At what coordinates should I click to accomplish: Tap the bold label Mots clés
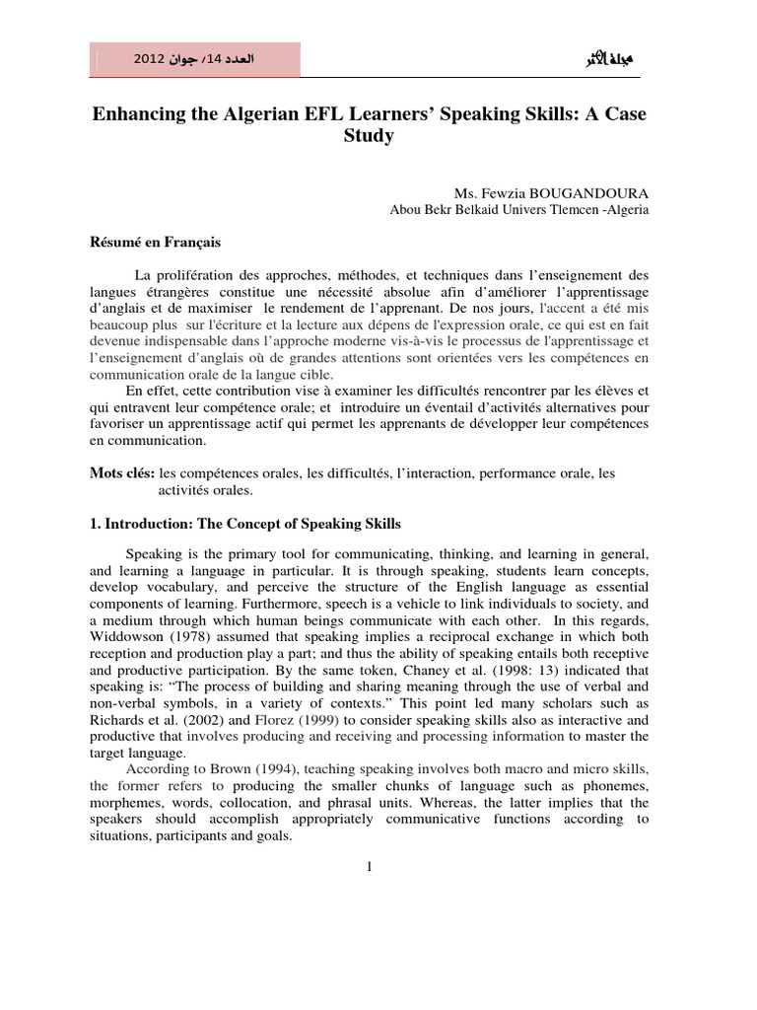coord(122,473)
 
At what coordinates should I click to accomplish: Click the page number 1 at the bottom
coord(368,866)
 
